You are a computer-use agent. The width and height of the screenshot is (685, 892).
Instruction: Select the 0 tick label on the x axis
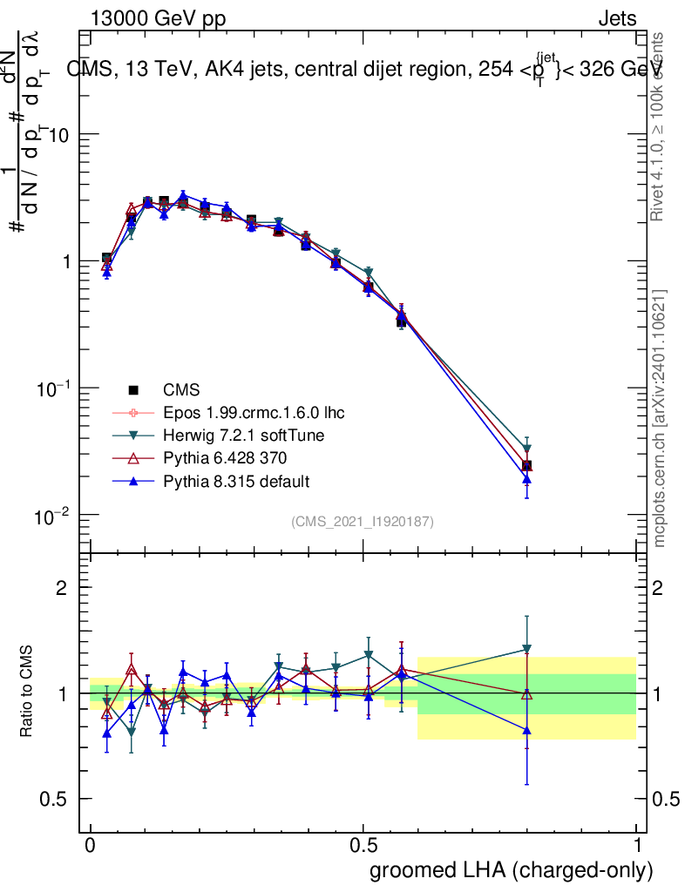(x=91, y=846)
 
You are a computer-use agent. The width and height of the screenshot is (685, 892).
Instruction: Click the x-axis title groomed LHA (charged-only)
(x=512, y=869)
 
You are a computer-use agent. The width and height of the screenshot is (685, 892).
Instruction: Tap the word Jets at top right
(x=617, y=19)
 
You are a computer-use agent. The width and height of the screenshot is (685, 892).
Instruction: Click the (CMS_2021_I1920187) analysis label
(x=363, y=521)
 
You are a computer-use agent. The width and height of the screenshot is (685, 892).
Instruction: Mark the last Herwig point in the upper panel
(x=526, y=449)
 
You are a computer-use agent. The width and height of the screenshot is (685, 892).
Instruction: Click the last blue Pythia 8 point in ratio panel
(x=526, y=730)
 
